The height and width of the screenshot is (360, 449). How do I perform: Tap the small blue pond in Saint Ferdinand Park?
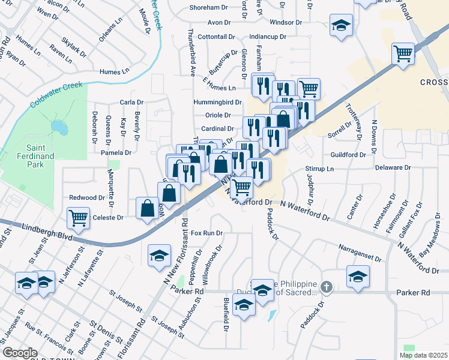click(x=58, y=127)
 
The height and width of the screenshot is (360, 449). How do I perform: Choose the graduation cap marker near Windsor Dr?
click(x=341, y=26)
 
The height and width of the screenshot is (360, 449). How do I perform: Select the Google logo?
click(x=20, y=353)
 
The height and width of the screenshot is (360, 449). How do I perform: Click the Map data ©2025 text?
click(x=423, y=355)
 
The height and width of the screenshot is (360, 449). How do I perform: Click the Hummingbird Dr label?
click(x=217, y=103)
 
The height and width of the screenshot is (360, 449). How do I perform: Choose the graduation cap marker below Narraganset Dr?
click(x=358, y=277)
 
